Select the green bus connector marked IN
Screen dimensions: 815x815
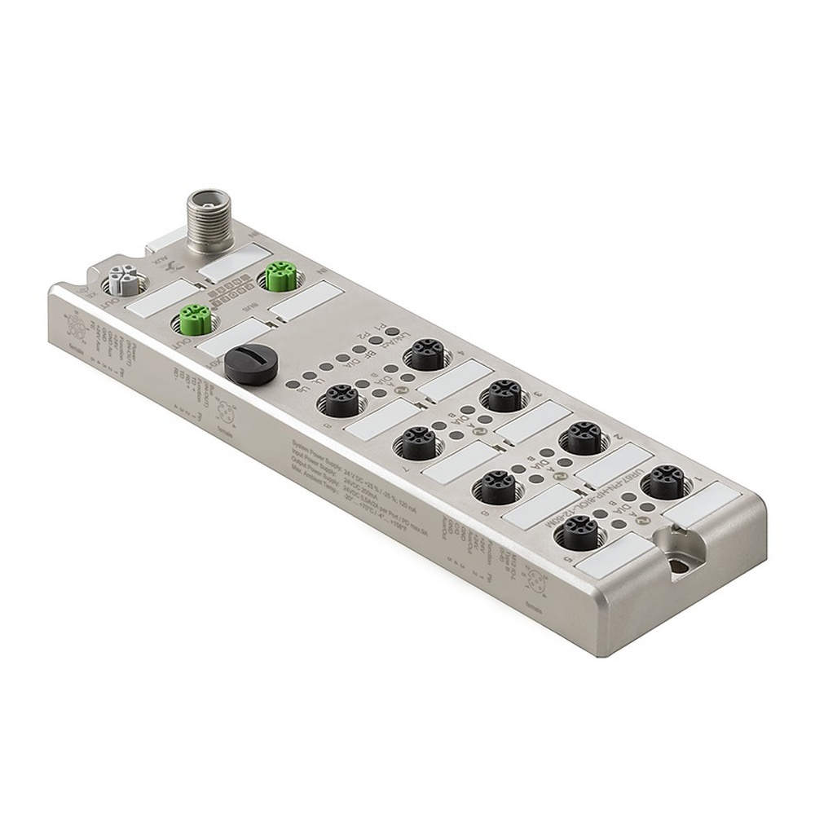279,277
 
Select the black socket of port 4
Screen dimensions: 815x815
427,355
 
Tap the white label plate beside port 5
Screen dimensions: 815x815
611,559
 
